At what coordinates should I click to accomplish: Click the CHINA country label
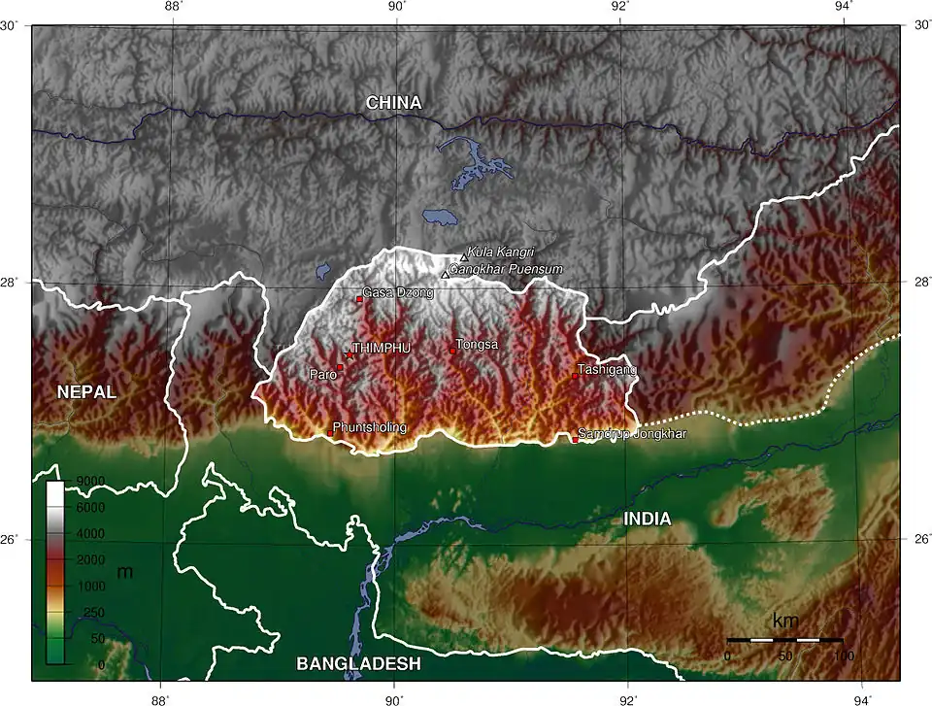[393, 103]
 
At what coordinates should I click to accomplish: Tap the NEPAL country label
[86, 392]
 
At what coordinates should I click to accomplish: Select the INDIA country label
[647, 520]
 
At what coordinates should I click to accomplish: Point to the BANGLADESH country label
[358, 664]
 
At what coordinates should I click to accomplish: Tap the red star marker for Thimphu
[349, 355]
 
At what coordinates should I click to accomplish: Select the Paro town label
[322, 374]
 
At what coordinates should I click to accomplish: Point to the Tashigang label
[607, 370]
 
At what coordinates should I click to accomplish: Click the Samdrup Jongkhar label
[632, 433]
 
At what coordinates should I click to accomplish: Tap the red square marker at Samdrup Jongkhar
[575, 439]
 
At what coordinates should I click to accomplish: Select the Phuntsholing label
[369, 427]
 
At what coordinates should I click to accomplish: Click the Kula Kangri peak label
[501, 252]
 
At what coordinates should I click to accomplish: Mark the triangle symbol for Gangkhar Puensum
[445, 275]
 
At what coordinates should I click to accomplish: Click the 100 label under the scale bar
[843, 656]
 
